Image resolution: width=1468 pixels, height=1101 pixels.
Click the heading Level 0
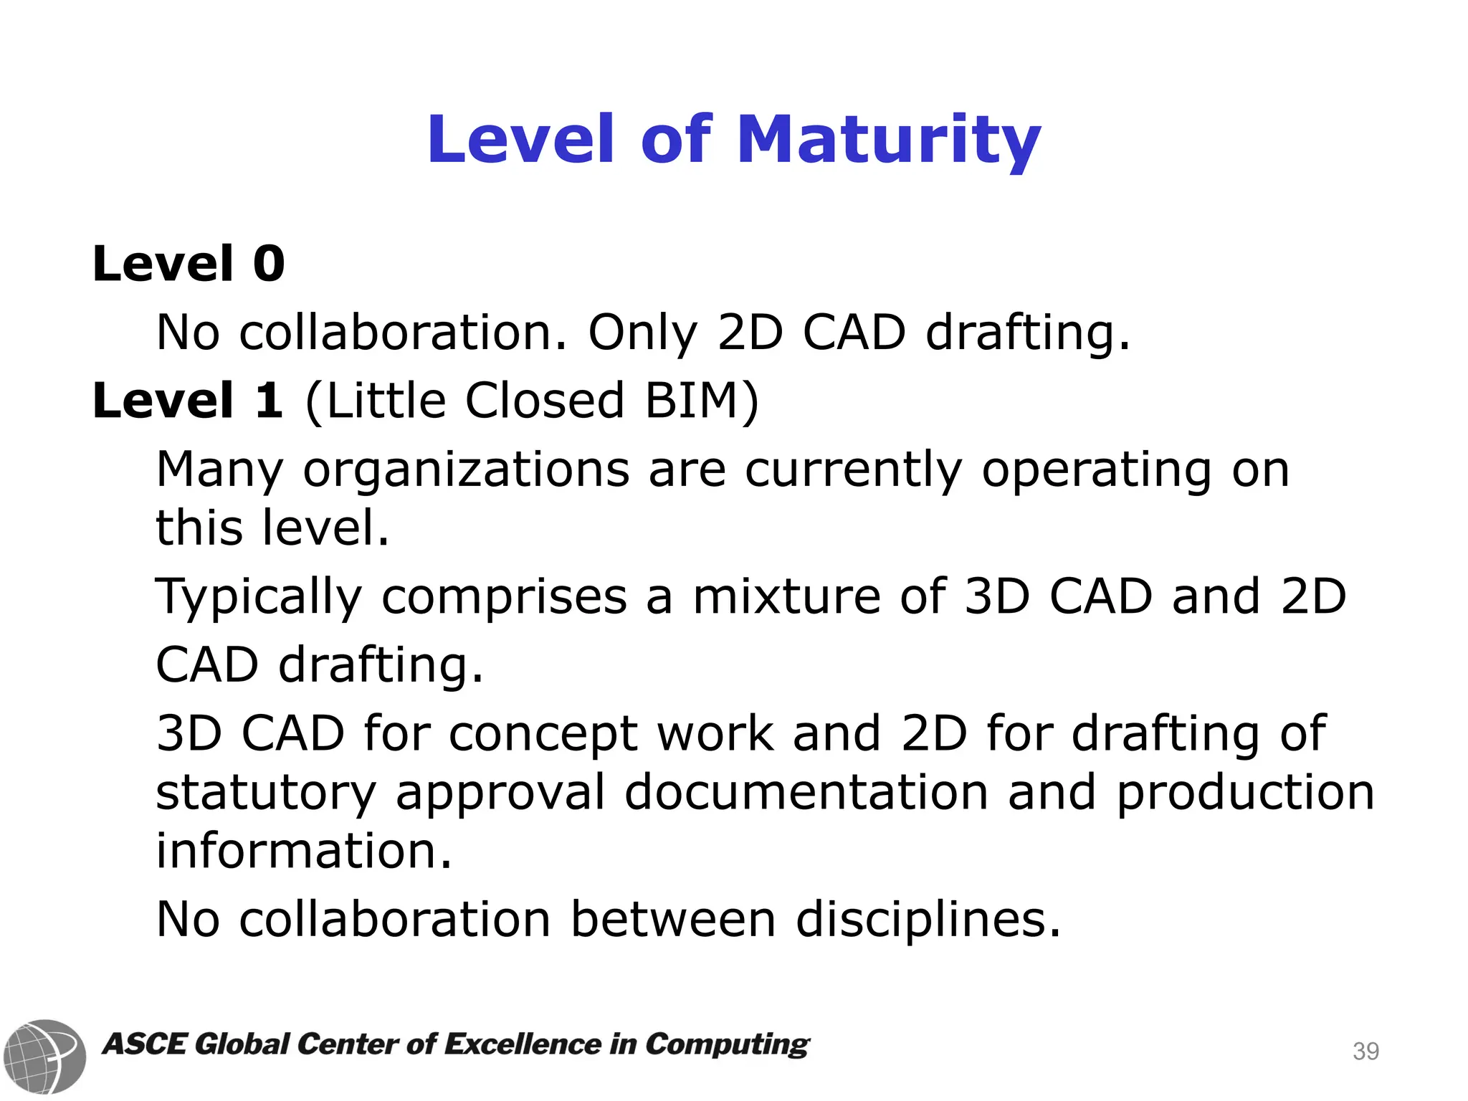click(x=189, y=264)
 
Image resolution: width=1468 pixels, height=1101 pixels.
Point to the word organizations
click(x=466, y=470)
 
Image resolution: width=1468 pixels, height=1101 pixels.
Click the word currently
click(x=853, y=470)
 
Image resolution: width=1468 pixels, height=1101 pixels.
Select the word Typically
click(x=259, y=597)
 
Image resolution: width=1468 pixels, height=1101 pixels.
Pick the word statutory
click(x=266, y=793)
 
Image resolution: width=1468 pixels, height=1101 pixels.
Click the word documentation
click(x=806, y=793)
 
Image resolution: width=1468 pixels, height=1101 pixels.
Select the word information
click(x=304, y=851)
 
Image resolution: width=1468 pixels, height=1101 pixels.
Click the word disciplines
click(x=928, y=919)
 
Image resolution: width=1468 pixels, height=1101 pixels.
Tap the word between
click(x=673, y=919)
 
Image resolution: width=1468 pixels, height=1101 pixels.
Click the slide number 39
click(x=1365, y=1052)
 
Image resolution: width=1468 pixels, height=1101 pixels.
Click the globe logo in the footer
click(x=44, y=1056)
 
